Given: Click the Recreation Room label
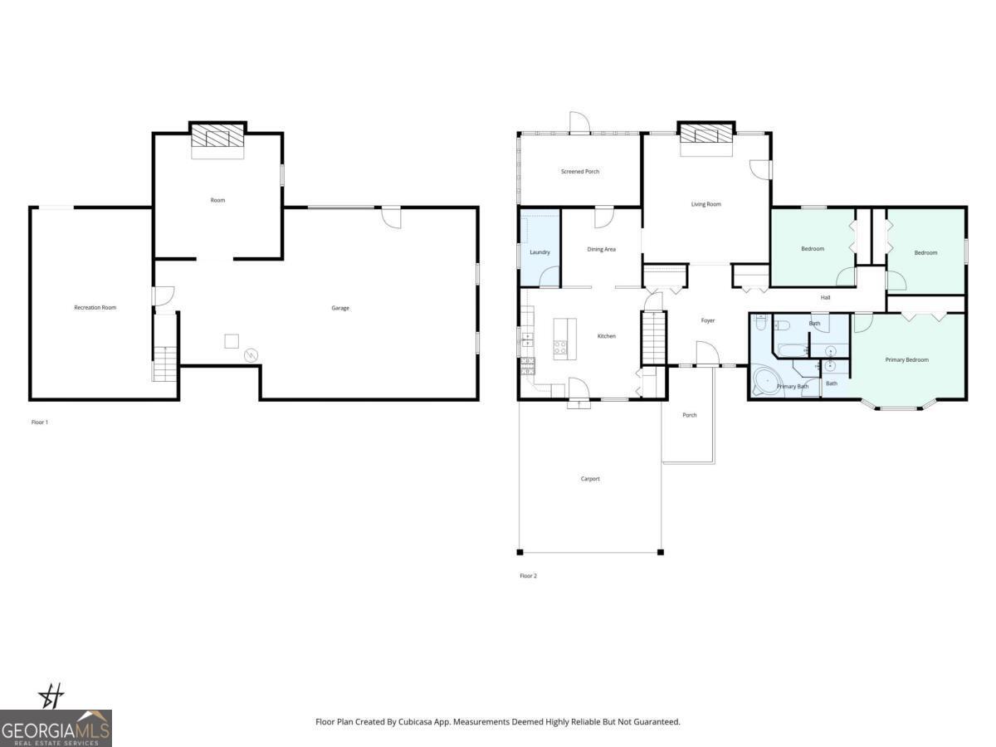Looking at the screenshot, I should [x=95, y=308].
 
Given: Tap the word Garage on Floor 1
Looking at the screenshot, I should [x=340, y=308].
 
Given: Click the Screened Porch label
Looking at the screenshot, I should [x=579, y=172].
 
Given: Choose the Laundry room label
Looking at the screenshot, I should [x=539, y=252].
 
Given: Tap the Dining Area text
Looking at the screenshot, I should [x=601, y=249].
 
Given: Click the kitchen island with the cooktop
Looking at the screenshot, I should [x=564, y=338].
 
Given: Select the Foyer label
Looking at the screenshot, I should [x=707, y=320].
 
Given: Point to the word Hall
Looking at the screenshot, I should [x=825, y=297].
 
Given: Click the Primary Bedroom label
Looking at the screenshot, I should [x=906, y=360].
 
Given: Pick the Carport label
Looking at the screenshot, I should [x=589, y=479].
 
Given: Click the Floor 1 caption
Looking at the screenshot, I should [x=40, y=422].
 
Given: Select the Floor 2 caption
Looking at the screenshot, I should [x=528, y=576].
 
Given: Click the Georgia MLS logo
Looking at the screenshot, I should [x=56, y=728].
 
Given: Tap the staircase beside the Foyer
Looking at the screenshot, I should [x=654, y=338].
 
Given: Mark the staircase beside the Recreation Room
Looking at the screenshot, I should [x=165, y=364].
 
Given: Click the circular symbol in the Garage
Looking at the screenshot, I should [x=251, y=356].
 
